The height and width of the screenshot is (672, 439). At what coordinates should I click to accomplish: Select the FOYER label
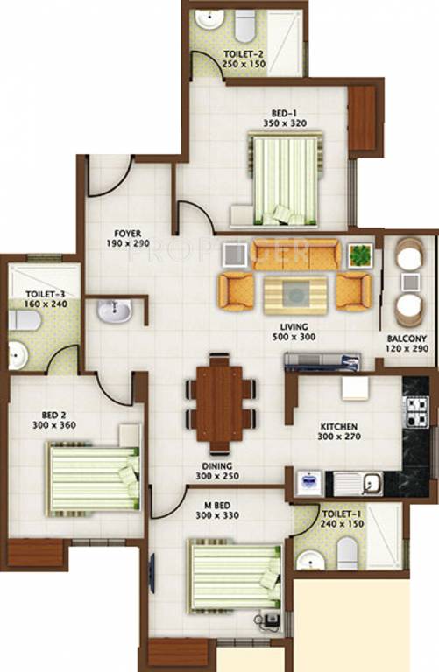click(127, 234)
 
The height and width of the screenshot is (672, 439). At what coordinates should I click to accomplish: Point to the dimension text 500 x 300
click(294, 337)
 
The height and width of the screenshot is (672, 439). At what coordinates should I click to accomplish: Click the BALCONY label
click(407, 339)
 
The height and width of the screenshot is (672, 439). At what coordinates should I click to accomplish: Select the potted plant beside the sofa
click(358, 255)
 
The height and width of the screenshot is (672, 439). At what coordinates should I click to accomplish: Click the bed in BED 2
click(93, 478)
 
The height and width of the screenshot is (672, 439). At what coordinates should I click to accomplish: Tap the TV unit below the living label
click(322, 360)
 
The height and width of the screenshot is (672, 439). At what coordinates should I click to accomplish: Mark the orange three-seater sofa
click(295, 253)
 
